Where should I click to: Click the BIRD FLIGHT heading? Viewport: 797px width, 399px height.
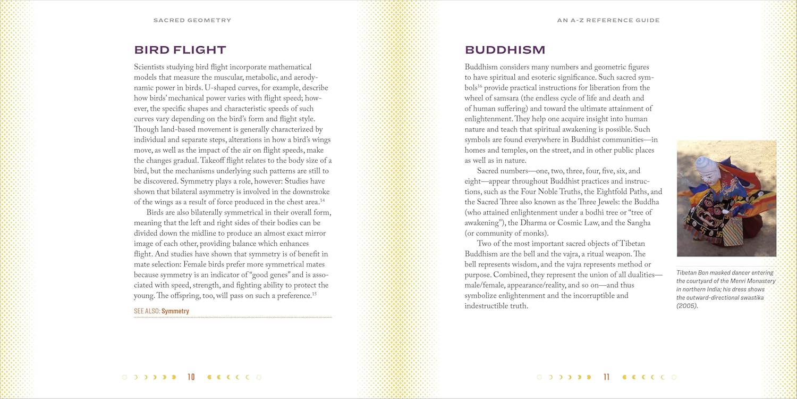click(180, 50)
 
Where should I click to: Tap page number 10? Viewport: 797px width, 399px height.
click(191, 377)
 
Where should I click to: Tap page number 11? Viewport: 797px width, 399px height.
click(606, 377)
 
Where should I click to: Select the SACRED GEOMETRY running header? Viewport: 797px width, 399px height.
click(192, 20)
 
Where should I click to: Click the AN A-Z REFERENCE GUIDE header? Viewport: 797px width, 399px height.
click(608, 20)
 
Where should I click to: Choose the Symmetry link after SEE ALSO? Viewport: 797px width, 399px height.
click(175, 311)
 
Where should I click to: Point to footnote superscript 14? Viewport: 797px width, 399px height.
click(322, 200)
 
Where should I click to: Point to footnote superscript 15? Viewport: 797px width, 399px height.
click(314, 294)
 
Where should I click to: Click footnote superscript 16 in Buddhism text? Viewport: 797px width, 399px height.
click(479, 86)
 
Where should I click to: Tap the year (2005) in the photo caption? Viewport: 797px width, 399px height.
click(687, 306)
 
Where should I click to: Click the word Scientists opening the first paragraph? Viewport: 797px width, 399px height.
click(151, 67)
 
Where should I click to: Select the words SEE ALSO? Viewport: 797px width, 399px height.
click(146, 311)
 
